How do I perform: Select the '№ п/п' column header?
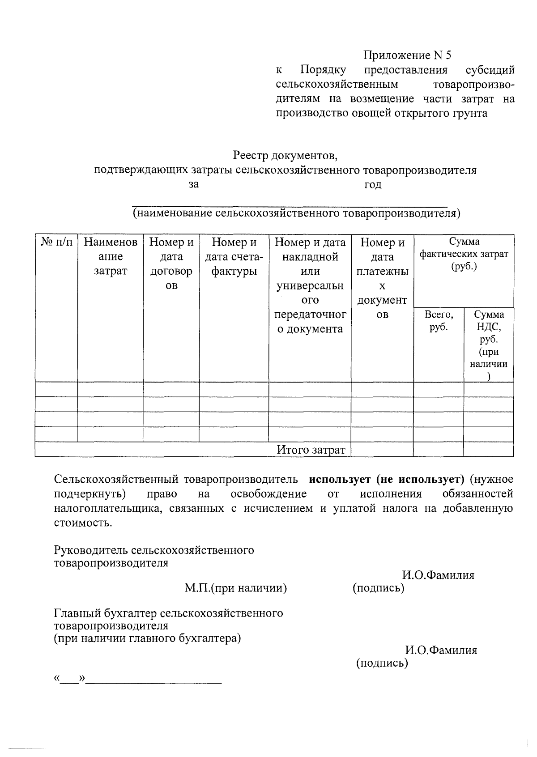pyautogui.click(x=56, y=242)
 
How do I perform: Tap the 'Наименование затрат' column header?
pyautogui.click(x=111, y=256)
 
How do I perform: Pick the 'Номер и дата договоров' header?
pyautogui.click(x=171, y=264)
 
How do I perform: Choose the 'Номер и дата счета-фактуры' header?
pyautogui.click(x=234, y=256)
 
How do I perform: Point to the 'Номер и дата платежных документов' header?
pyautogui.click(x=382, y=278)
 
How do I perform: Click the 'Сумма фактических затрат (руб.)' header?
pyautogui.click(x=464, y=254)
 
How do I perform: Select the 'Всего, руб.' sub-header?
pyautogui.click(x=439, y=321)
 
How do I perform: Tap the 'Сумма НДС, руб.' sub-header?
pyautogui.click(x=489, y=339)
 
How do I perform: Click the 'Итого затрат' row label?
pyautogui.click(x=311, y=450)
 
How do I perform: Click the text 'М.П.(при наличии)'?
pyautogui.click(x=236, y=587)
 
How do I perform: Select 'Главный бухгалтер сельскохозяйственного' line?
pyautogui.click(x=168, y=612)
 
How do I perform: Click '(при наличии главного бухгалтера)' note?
pyautogui.click(x=147, y=638)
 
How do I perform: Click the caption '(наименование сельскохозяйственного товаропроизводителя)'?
pyautogui.click(x=296, y=213)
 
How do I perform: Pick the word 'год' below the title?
pyautogui.click(x=372, y=184)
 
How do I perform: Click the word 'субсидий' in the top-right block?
pyautogui.click(x=490, y=70)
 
